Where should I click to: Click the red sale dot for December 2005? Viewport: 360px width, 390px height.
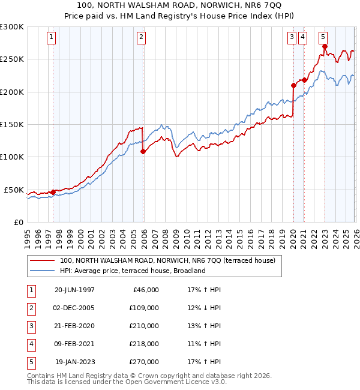(143, 152)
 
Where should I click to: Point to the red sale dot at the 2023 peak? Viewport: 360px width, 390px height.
(325, 46)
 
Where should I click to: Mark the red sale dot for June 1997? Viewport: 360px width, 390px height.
(53, 193)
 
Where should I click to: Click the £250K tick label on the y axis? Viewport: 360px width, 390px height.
(12, 59)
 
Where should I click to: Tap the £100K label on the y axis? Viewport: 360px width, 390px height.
(12, 157)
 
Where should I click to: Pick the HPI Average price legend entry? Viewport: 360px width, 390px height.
(132, 271)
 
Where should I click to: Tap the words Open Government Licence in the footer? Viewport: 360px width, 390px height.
(181, 382)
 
